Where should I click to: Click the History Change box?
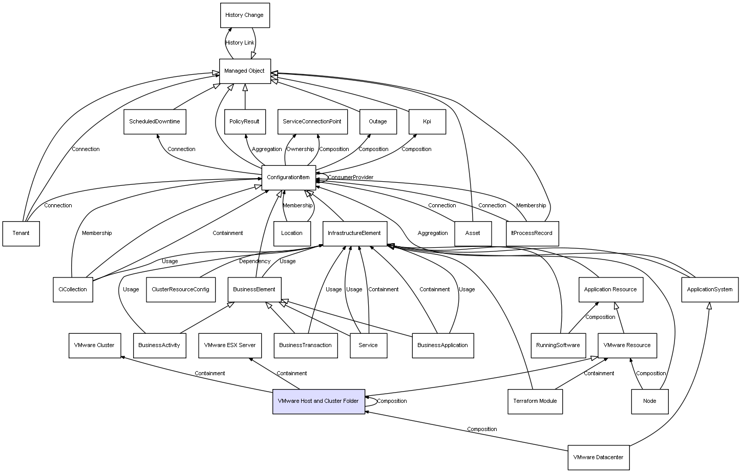245,15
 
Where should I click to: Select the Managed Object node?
245,71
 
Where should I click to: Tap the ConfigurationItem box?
288,178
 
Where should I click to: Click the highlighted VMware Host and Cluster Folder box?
319,401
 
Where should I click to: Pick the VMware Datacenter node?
598,457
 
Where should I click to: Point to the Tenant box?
21,233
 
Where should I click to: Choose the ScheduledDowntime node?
155,122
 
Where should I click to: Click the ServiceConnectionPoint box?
312,122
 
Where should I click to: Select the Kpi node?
427,122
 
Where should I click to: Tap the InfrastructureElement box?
354,233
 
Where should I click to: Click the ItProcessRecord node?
532,233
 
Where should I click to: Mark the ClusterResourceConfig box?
180,290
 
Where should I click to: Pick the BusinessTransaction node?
306,346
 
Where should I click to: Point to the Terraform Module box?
535,401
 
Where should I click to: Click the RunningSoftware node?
558,346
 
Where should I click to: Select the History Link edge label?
240,43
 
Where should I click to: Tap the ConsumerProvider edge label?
351,178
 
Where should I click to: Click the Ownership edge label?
300,149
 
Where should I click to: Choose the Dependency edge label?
255,262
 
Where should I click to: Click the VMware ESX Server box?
230,346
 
